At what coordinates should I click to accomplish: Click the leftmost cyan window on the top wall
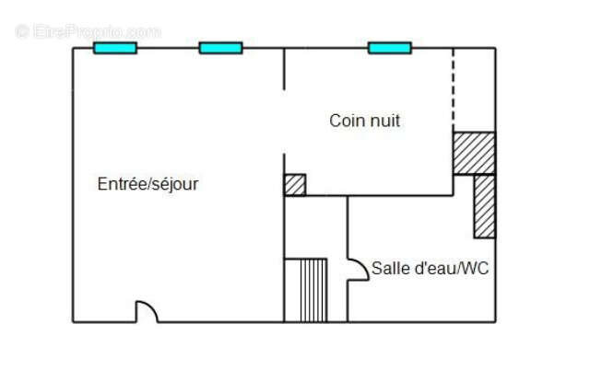click(115, 48)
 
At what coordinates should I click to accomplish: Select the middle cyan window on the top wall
click(220, 48)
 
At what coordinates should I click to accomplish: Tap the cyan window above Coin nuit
click(390, 48)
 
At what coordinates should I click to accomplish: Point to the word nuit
click(384, 121)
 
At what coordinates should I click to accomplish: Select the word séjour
click(174, 184)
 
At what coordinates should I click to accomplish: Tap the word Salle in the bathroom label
click(388, 269)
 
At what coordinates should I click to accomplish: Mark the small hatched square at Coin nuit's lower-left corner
click(295, 184)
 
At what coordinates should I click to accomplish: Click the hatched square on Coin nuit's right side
click(474, 153)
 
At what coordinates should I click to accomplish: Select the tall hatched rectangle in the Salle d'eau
click(484, 205)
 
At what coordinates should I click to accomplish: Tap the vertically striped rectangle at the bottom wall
click(305, 290)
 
